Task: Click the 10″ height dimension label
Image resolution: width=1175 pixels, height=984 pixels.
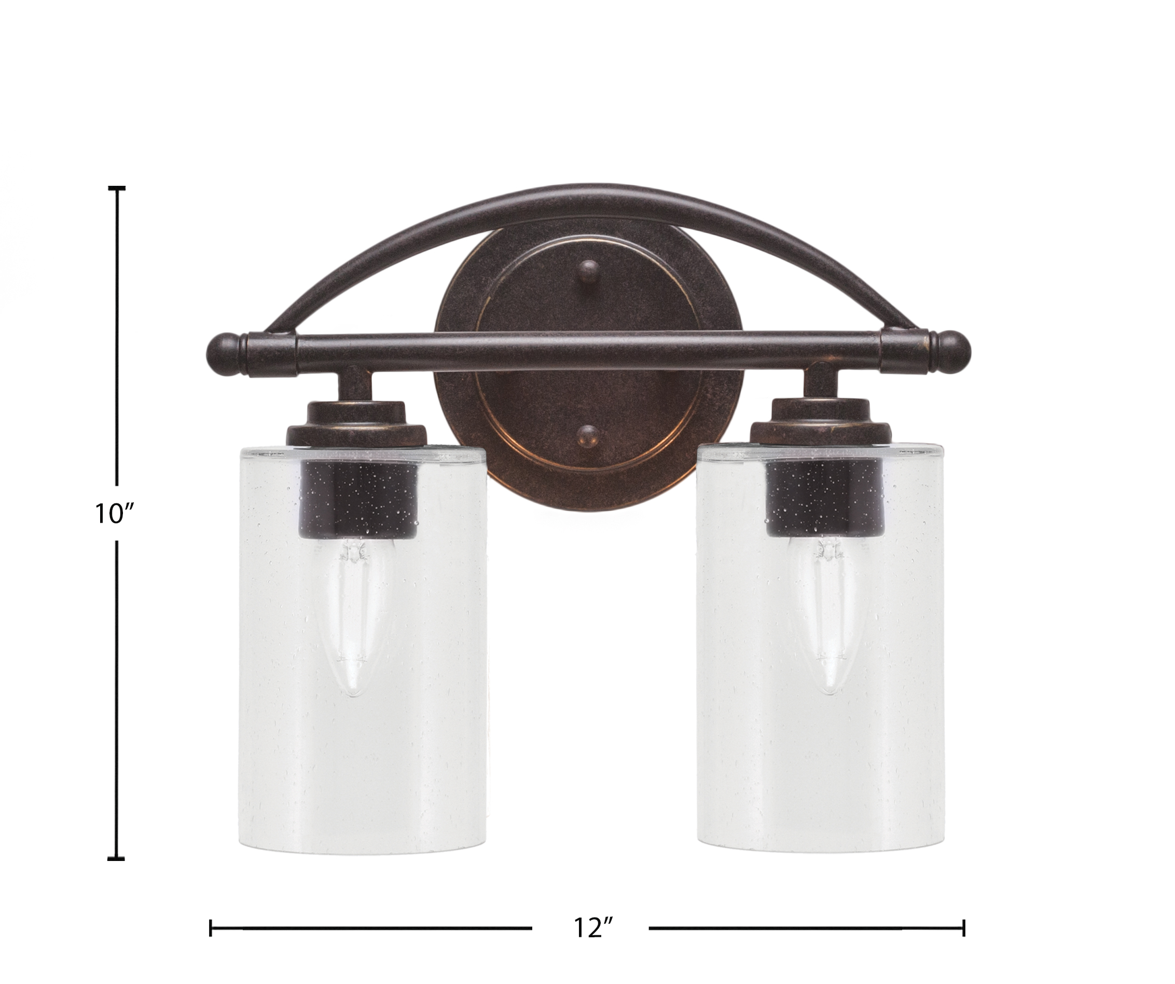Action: click(x=115, y=513)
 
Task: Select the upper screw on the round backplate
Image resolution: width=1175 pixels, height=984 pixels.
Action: click(x=589, y=271)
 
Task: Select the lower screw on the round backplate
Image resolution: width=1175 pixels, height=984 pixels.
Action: click(x=588, y=440)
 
